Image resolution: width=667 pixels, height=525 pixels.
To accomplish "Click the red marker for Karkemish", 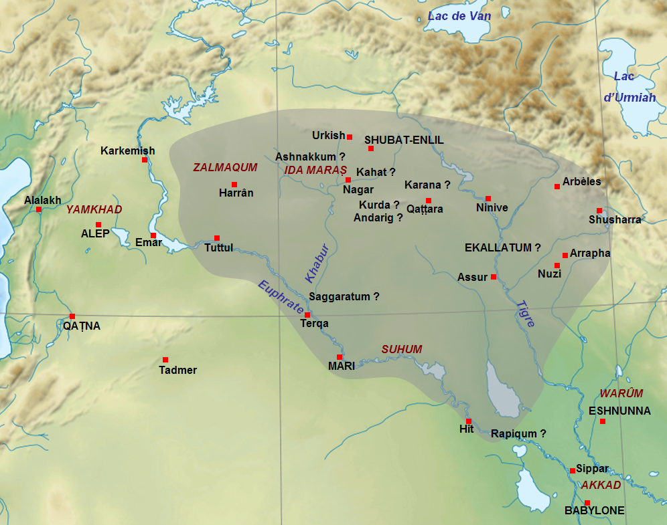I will (x=144, y=160).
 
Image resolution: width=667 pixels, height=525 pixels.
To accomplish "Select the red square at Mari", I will (x=340, y=357).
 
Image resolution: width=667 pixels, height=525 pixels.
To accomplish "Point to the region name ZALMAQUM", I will (x=225, y=167).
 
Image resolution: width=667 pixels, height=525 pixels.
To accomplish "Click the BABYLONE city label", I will (x=594, y=511).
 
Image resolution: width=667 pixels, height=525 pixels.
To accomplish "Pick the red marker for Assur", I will (x=494, y=277).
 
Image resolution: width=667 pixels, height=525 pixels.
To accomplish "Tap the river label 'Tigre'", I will (x=526, y=313).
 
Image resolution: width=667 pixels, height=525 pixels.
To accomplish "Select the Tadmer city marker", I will (x=165, y=360).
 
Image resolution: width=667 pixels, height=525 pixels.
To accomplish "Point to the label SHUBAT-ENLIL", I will (x=404, y=140).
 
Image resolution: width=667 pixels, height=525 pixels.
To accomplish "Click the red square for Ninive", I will (x=488, y=199).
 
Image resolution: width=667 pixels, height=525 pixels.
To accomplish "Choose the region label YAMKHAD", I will (x=94, y=209).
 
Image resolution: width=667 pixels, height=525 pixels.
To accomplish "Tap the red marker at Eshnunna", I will (x=603, y=421).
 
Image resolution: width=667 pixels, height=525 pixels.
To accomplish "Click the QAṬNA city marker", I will (x=72, y=316).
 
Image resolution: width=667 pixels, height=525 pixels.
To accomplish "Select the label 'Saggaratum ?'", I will (x=344, y=296).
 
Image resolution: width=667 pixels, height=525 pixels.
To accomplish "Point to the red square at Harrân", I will (x=234, y=185).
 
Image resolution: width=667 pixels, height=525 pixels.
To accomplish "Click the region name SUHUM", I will (x=402, y=349).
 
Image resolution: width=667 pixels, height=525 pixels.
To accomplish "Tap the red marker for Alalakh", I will (x=39, y=210).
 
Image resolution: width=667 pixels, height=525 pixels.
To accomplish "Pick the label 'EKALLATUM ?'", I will (x=502, y=247).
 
